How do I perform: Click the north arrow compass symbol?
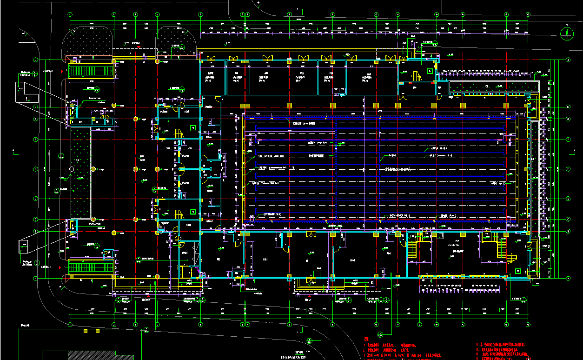click(566, 34)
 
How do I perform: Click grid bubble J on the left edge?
click(35, 60)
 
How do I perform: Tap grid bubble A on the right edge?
click(568, 278)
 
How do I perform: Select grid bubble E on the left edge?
click(35, 169)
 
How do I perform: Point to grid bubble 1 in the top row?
click(70, 14)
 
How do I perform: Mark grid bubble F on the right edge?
click(568, 140)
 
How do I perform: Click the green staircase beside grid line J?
click(91, 72)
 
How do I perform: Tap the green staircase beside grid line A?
click(91, 267)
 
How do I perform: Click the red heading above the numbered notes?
click(366, 339)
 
